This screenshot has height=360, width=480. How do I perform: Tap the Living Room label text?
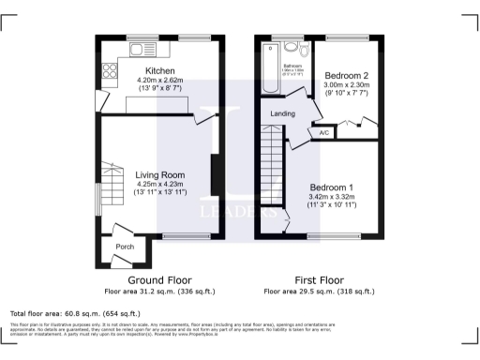(160, 174)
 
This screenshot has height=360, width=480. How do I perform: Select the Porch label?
(125, 247)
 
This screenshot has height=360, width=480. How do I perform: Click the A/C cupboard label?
(324, 132)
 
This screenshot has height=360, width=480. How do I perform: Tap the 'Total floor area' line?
(75, 313)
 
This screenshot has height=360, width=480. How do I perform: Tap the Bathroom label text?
(293, 66)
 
